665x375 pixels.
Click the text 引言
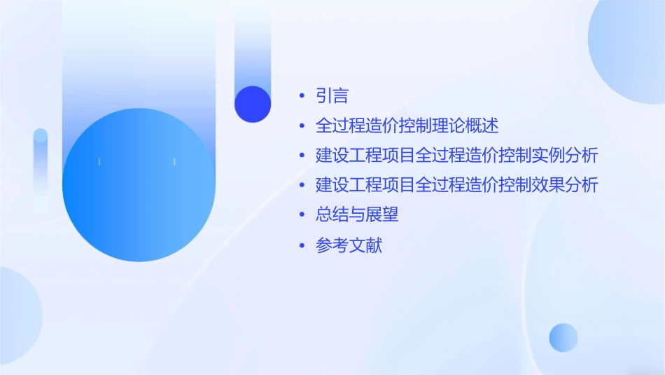332,96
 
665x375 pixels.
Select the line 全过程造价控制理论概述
407,126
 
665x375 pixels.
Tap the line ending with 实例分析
456,156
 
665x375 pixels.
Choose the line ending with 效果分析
456,186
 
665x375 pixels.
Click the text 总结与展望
357,215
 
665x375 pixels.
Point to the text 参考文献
349,246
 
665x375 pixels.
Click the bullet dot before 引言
302,96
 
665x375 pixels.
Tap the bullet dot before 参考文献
302,246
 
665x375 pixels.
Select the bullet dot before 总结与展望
302,215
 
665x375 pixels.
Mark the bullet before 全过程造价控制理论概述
302,126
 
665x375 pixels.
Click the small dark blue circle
253,104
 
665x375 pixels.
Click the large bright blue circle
139,185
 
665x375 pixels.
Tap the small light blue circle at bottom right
563,337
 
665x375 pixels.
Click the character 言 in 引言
340,96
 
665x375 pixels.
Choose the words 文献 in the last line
365,246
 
